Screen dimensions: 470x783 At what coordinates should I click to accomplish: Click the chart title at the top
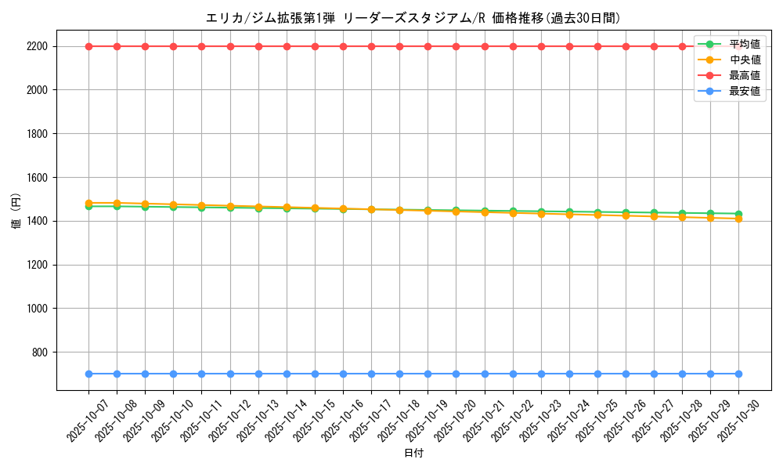coord(413,18)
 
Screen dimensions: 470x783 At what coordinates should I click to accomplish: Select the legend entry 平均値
coord(744,45)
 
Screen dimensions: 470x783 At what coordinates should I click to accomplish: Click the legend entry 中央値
coord(744,60)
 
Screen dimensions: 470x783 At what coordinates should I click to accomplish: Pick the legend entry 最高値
coord(744,76)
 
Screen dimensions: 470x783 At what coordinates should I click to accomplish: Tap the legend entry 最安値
coord(744,92)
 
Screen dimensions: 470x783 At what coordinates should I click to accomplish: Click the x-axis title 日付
coord(413,454)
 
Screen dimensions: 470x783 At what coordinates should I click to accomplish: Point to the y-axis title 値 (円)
coord(16,211)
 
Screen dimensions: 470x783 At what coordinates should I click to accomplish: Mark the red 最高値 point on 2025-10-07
coord(88,46)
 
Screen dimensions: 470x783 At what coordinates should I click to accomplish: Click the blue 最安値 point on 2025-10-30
coord(738,374)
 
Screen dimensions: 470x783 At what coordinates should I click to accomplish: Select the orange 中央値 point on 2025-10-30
coord(738,219)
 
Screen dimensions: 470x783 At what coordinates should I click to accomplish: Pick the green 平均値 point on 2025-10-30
coord(738,214)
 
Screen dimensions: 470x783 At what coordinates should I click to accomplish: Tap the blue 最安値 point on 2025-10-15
coord(315,374)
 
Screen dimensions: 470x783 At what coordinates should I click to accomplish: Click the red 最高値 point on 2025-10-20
coord(456,46)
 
